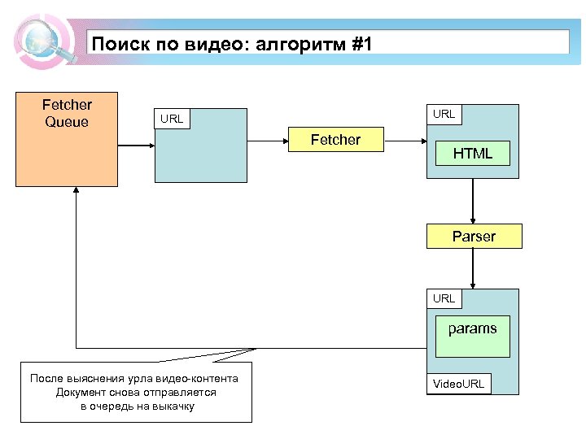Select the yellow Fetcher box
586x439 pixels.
(x=335, y=140)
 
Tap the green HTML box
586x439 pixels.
(x=472, y=153)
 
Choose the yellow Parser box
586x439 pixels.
(x=474, y=237)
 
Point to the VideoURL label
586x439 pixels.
(x=458, y=384)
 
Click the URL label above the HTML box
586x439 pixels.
(x=444, y=114)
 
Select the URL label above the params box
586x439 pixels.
(x=444, y=298)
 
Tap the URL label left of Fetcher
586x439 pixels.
(x=172, y=120)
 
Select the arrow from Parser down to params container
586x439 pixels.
(x=473, y=268)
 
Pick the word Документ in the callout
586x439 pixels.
(x=79, y=392)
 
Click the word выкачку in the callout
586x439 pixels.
(x=173, y=405)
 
